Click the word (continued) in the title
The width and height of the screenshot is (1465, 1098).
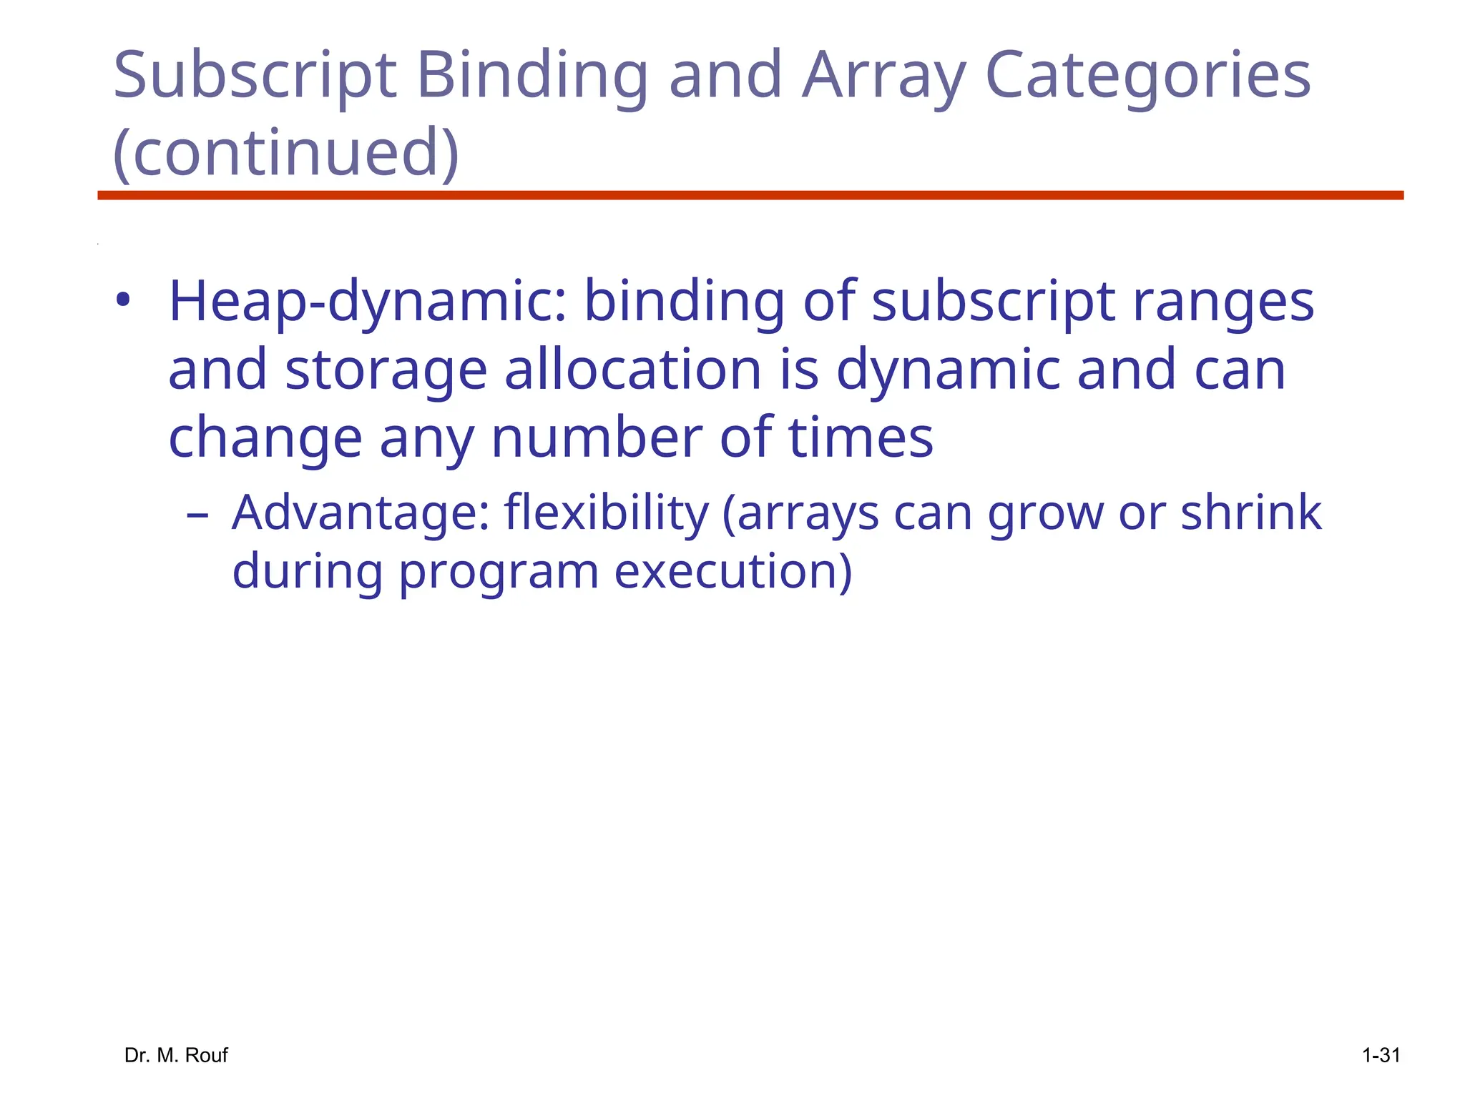(286, 152)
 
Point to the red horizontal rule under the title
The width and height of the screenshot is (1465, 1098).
(750, 195)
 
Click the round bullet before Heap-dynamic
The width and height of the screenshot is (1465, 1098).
(124, 301)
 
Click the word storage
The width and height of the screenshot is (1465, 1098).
(386, 370)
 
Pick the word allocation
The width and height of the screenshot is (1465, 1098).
(633, 370)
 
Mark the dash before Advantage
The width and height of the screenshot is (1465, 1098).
(197, 515)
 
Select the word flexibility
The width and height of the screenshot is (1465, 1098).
(606, 513)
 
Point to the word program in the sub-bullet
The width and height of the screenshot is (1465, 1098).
(499, 572)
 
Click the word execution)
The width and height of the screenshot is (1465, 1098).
(733, 572)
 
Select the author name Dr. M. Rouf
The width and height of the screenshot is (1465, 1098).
(176, 1055)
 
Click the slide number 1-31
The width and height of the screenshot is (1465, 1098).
(1381, 1055)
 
